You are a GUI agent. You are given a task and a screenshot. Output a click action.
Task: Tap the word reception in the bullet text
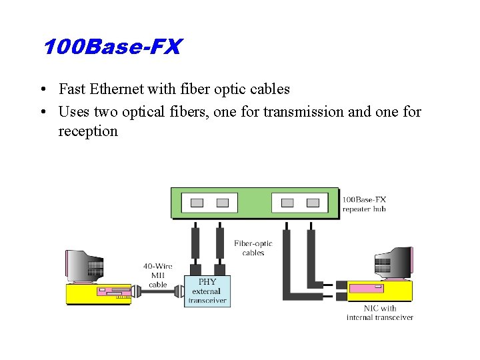(87, 131)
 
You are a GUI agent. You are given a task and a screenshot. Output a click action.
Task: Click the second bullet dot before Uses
(42, 112)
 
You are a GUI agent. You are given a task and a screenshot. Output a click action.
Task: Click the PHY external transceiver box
(207, 291)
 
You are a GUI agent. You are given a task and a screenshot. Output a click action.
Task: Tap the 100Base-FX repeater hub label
(364, 204)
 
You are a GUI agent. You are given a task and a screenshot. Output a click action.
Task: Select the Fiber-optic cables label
(253, 248)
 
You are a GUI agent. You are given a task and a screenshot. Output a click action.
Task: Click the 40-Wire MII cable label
(158, 275)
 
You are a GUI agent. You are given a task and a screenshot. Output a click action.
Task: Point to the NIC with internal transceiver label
(380, 313)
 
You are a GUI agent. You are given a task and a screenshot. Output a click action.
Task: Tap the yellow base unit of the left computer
(98, 293)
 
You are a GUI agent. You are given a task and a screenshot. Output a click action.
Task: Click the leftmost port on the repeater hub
(197, 203)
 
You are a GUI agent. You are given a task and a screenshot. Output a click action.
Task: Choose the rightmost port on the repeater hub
(313, 203)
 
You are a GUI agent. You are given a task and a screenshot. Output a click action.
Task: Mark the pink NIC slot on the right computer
(367, 289)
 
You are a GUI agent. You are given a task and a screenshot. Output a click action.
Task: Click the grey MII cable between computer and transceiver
(158, 292)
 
